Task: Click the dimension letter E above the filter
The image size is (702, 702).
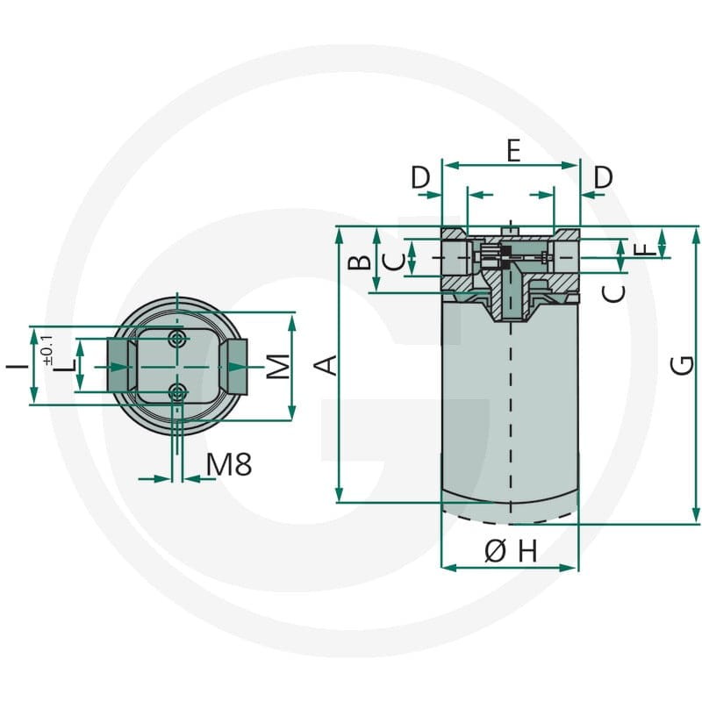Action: tap(513, 150)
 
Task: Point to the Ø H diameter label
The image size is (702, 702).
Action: tap(511, 551)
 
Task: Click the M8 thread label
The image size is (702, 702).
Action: tap(229, 464)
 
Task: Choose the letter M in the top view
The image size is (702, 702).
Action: tap(278, 366)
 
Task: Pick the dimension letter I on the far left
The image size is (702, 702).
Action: tap(17, 366)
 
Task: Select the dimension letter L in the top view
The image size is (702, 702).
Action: tap(67, 365)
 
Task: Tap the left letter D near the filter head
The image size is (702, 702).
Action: tap(420, 177)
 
